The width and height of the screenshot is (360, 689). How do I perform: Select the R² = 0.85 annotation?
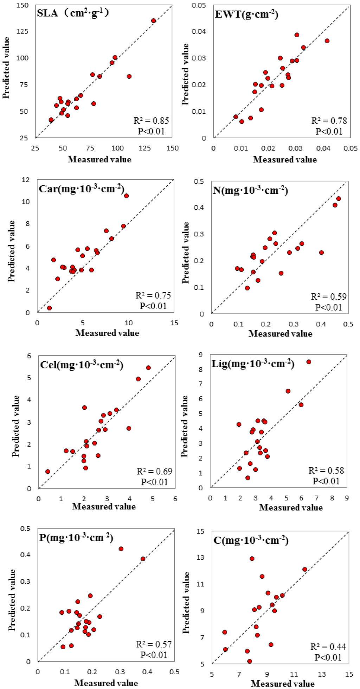coord(151,121)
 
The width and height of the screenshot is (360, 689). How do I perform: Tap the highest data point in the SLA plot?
coord(153,21)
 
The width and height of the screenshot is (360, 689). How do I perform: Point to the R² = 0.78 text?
coord(329,121)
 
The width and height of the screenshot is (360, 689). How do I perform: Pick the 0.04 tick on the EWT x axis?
coord(323,148)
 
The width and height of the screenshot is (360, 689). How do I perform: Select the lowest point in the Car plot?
coord(50,308)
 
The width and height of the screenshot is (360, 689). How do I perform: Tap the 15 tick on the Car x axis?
coord(174,323)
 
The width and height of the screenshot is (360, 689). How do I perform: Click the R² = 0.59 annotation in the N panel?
coord(329,296)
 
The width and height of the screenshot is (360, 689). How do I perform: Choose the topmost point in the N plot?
coord(339,199)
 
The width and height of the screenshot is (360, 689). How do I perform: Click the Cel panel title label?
coord(82,365)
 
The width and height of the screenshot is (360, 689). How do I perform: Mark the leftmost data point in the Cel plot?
coord(48,472)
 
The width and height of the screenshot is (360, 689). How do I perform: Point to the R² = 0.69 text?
coord(154,471)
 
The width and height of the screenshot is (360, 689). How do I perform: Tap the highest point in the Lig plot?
coord(309,362)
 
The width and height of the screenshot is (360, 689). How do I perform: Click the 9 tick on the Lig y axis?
coord(201,355)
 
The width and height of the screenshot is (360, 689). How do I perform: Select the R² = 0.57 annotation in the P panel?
coord(154,644)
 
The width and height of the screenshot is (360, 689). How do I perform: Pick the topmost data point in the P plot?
coord(121,549)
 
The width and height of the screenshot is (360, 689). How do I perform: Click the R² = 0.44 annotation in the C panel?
coord(328,646)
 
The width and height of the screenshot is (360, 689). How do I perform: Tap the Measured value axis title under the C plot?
coord(282,683)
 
